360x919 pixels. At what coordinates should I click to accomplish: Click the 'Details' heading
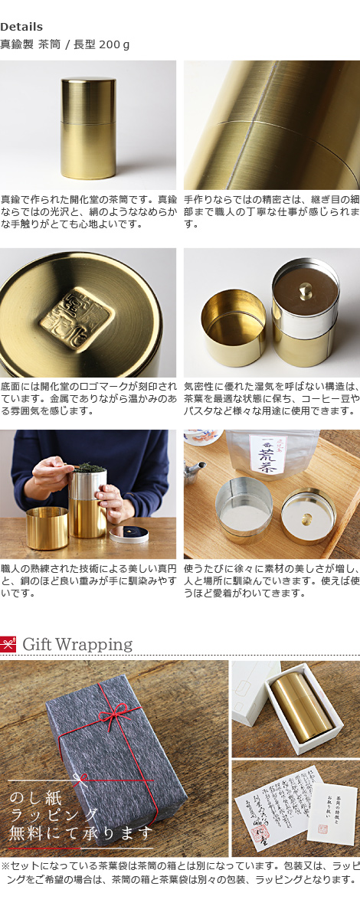[21, 27]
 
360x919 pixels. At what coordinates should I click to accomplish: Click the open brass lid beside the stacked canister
[234, 322]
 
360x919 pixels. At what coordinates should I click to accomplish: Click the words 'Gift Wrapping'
[77, 644]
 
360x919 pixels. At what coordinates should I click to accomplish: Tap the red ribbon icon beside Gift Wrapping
[8, 644]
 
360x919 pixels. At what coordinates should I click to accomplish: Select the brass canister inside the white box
[302, 709]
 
